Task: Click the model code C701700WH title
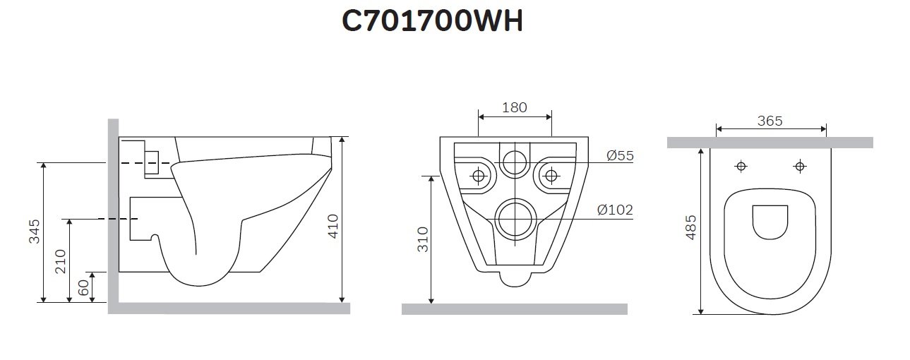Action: pos(432,22)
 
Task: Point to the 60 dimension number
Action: pos(83,287)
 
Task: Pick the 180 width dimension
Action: pos(514,107)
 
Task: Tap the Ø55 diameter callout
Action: pos(620,155)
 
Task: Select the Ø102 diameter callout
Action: pos(614,210)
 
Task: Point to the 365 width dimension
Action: pos(770,121)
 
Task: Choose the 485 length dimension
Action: pos(691,230)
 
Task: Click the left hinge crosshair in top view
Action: pos(741,167)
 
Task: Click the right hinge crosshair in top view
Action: pos(799,167)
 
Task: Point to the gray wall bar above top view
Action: pos(770,143)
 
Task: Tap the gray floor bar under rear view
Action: pos(514,308)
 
